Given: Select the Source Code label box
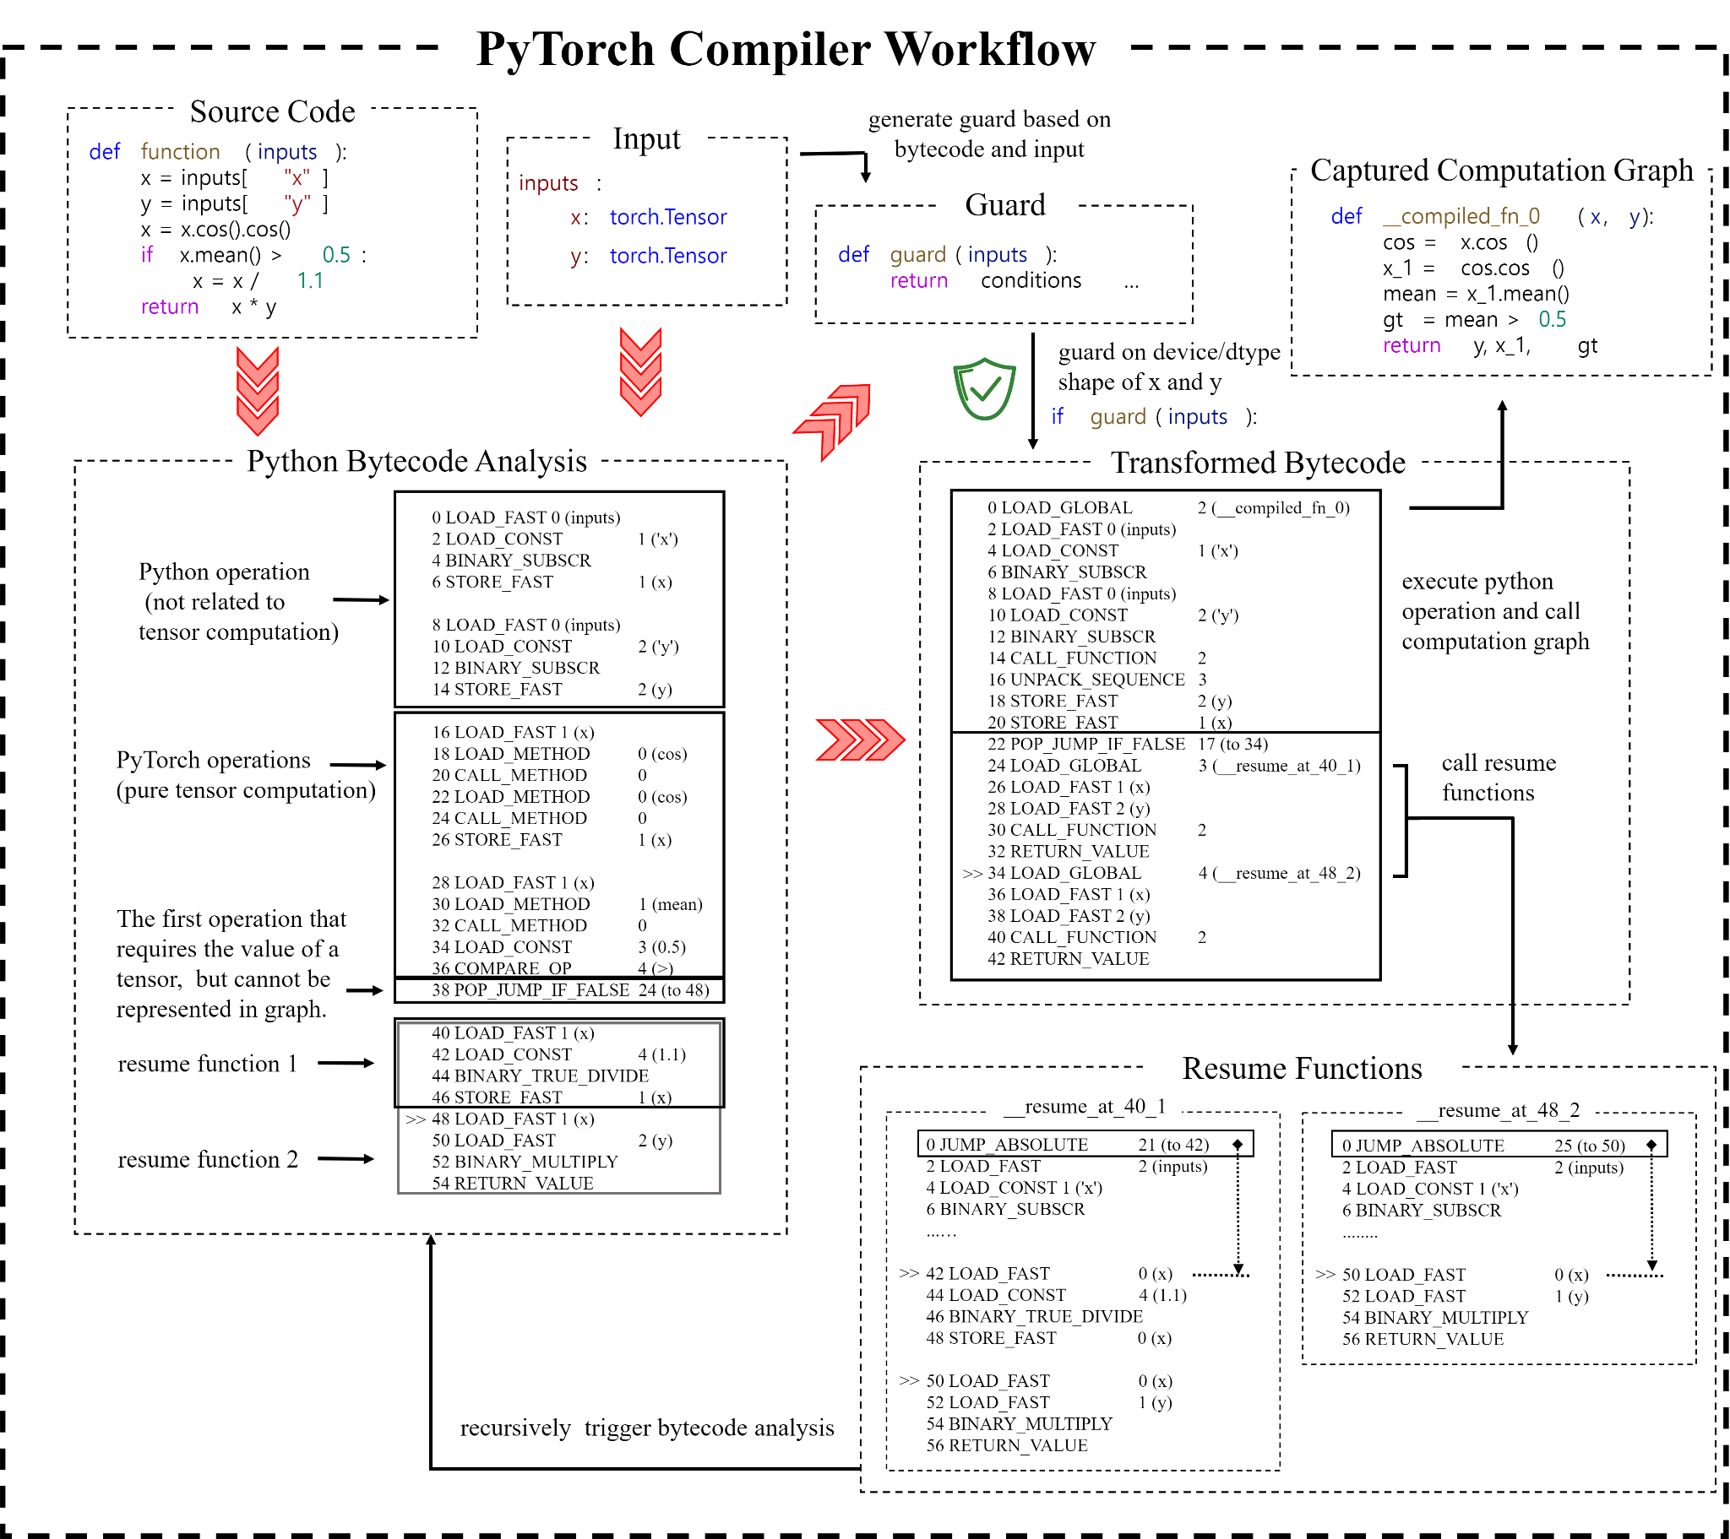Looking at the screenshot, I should tap(272, 111).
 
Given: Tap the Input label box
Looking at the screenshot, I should tap(645, 137).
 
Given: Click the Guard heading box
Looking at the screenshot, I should tap(1004, 204).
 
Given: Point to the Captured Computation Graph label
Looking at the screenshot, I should tap(1500, 169).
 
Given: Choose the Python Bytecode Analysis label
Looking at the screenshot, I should tap(416, 460).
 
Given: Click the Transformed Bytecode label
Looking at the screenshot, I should tap(1257, 462).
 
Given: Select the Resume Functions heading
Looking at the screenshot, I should tap(1301, 1068).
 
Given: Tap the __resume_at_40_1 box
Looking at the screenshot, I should tap(1085, 1106).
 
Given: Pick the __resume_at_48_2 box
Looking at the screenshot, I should tap(1498, 1109).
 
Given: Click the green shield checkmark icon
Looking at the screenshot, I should tap(984, 388).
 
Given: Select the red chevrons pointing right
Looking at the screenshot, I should tap(859, 740).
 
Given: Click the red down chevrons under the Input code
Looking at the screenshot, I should tap(640, 371).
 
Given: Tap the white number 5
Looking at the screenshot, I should tap(558, 581).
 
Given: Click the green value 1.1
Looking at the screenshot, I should tap(310, 280).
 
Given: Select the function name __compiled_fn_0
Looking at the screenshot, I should tap(1461, 217).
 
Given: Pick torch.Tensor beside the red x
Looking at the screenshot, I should tap(668, 218).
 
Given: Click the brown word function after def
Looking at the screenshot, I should tap(180, 151).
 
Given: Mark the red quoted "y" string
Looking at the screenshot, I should tap(297, 204).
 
